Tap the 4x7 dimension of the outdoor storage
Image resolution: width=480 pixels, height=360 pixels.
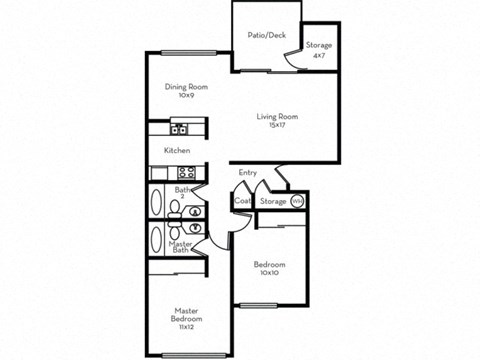319,55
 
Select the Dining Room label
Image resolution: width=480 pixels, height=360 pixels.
185,87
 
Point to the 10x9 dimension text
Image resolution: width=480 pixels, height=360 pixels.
185,97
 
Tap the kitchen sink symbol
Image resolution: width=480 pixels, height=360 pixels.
179,128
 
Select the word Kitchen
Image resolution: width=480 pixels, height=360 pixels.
177,150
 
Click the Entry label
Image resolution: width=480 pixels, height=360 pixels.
248,173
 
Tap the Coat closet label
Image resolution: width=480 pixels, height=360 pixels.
241,201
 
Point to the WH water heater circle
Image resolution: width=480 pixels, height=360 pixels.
297,201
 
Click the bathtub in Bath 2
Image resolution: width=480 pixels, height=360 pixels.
157,203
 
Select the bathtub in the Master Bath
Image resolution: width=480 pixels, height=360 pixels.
157,240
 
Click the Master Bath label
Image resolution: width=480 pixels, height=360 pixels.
181,247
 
